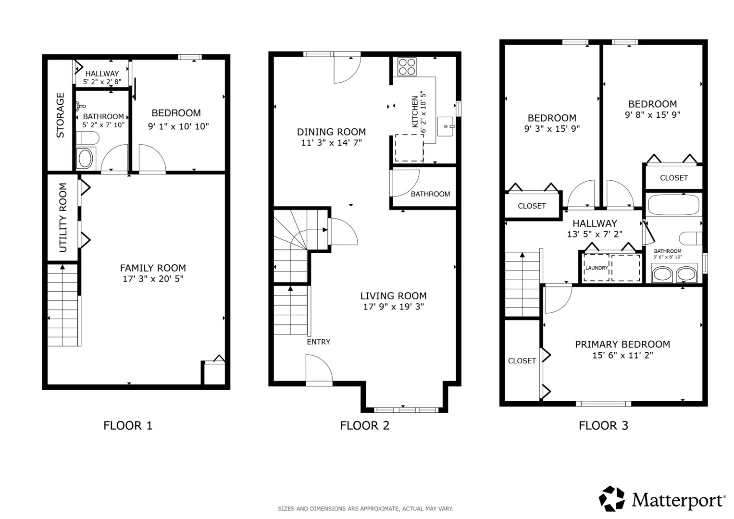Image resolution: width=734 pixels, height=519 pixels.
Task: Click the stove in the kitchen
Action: [407, 66]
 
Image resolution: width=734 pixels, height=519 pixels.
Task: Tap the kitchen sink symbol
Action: [446, 126]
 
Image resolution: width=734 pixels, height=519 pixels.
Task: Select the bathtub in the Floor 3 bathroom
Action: [673, 205]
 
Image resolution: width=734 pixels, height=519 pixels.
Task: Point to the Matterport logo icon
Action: [611, 499]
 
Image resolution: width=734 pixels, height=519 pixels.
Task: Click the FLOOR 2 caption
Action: [364, 425]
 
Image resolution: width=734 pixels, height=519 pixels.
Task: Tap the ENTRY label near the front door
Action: [318, 342]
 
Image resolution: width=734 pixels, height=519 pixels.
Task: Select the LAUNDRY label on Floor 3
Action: [597, 268]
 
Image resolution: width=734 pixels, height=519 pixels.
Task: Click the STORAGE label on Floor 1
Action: [61, 115]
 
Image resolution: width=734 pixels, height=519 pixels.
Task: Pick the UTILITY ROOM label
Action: [63, 218]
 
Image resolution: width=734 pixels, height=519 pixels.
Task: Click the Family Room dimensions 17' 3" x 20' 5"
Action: [153, 279]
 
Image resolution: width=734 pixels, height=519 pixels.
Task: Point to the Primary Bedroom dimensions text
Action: [622, 356]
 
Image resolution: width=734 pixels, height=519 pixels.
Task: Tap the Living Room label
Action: [393, 296]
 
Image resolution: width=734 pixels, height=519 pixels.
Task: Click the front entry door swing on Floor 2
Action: [319, 369]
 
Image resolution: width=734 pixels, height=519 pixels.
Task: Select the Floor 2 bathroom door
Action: [405, 183]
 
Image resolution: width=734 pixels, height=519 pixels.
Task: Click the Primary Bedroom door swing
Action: [557, 298]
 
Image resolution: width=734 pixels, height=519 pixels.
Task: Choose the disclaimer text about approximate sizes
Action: [365, 508]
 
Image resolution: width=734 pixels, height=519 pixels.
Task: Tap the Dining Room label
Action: [331, 132]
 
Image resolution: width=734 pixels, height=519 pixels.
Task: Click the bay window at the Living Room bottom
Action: [406, 410]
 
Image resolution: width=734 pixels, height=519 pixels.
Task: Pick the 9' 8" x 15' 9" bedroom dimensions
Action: [652, 115]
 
